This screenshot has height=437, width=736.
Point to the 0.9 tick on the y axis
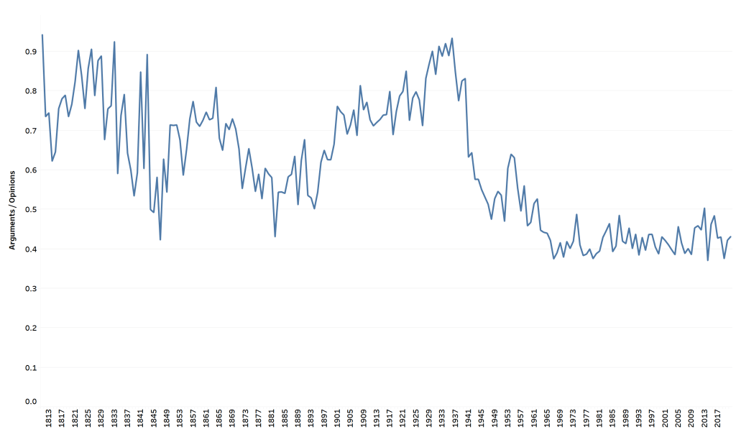(x=31, y=52)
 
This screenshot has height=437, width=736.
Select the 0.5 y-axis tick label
(x=31, y=210)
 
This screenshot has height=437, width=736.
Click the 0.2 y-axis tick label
(x=31, y=328)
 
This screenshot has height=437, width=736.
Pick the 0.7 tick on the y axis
(x=31, y=131)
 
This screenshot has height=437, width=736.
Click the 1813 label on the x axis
(x=49, y=418)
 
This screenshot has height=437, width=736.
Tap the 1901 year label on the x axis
(x=337, y=418)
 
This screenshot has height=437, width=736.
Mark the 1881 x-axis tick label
(x=272, y=418)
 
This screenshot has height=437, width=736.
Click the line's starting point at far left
(x=42, y=34)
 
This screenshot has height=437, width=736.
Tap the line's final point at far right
(x=731, y=236)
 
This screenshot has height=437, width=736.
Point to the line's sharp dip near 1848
(x=160, y=239)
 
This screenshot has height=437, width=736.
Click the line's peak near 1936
(x=451, y=38)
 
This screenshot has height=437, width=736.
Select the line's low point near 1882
(x=275, y=236)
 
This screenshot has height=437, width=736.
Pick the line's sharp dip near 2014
(x=708, y=260)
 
